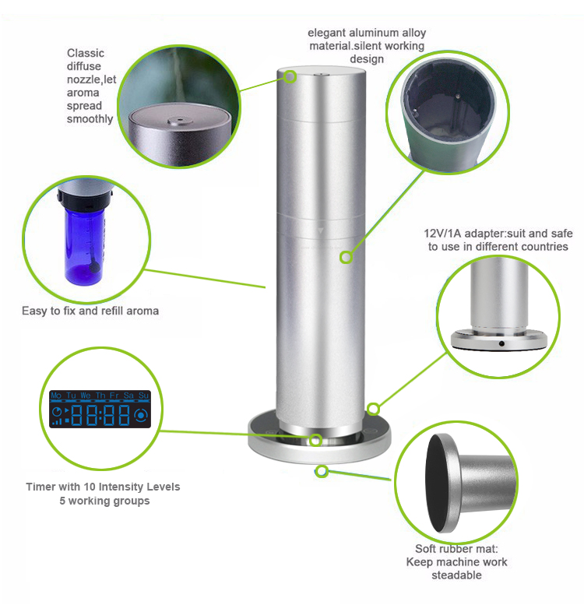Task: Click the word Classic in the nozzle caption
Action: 85,53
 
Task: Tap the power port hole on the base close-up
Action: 501,343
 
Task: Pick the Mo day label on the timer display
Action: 56,396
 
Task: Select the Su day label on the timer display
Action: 143,396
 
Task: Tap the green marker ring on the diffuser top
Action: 290,77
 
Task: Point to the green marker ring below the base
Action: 322,470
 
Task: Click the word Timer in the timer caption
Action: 40,487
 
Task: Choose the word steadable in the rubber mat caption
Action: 457,575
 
